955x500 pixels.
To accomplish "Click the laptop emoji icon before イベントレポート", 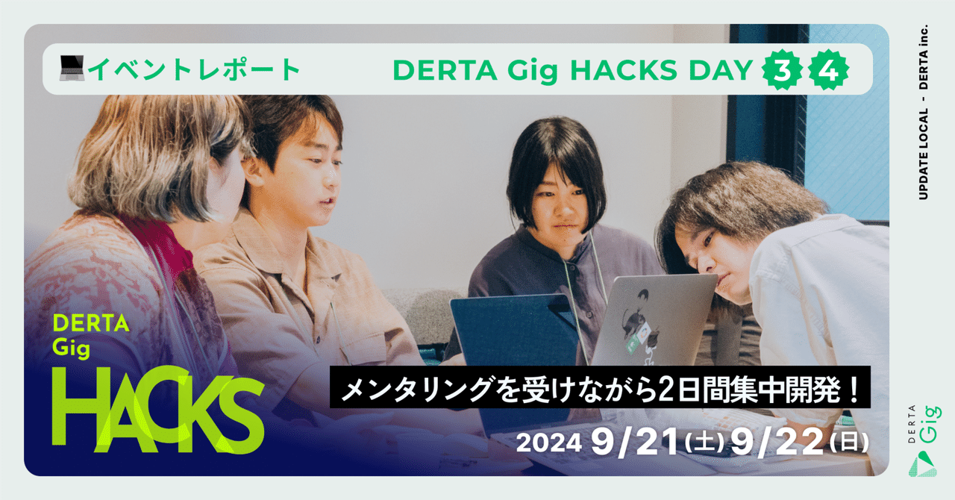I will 73,69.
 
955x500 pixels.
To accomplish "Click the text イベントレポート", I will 195,69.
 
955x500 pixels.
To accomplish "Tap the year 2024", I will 548,443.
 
